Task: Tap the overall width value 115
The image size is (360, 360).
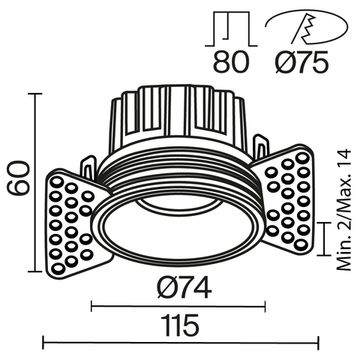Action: [x=181, y=325]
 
